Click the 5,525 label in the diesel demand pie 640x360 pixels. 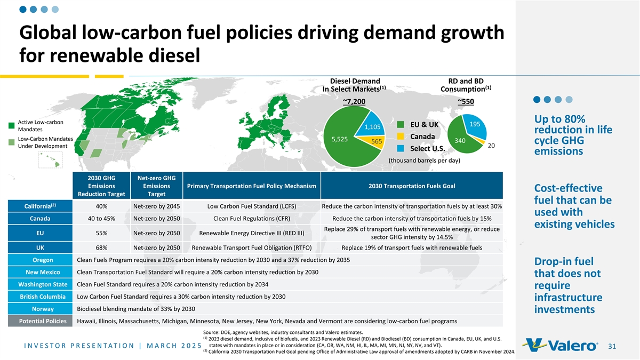[x=339, y=139]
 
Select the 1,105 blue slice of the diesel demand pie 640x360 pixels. [x=370, y=125]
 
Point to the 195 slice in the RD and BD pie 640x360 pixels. [x=474, y=125]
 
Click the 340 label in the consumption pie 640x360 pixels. [x=460, y=141]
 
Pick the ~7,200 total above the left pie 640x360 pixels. [x=354, y=101]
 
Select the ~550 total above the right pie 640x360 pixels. [x=466, y=101]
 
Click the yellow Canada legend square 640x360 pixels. [x=401, y=137]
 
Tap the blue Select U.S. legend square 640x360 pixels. [x=401, y=149]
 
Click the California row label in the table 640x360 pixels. [x=40, y=206]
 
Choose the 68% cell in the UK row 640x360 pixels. [x=101, y=247]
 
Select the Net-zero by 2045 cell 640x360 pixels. [x=157, y=206]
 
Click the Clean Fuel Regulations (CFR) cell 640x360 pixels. [x=252, y=219]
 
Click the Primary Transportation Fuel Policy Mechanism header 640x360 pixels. [x=252, y=186]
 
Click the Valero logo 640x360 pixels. [x=561, y=345]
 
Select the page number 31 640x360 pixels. [x=612, y=347]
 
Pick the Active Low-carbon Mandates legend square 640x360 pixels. [x=11, y=126]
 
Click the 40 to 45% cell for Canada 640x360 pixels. [x=101, y=219]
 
